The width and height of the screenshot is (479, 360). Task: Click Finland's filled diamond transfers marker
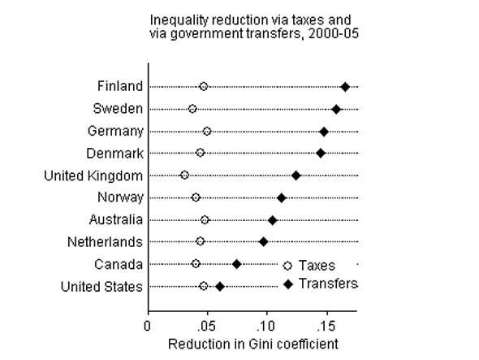345,87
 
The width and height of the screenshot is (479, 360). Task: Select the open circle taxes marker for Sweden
192,109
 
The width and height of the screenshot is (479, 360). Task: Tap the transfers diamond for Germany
324,132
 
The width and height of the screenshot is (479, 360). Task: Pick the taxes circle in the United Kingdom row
184,176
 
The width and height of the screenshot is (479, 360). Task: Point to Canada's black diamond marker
237,264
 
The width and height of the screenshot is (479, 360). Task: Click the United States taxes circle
204,286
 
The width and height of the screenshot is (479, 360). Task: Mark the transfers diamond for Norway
282,198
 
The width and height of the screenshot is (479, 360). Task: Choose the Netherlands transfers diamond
263,242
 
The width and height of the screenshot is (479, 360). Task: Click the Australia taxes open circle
205,220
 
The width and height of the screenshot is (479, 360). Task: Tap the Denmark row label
114,154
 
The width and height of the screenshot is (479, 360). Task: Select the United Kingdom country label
93,176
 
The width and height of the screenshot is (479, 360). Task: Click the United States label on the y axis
101,287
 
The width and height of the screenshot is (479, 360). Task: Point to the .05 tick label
206,327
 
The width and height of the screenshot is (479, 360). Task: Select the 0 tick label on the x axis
147,327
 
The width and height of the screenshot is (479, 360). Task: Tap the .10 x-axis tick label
265,327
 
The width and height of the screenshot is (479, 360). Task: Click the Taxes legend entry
309,266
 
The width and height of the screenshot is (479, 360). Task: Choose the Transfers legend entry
321,284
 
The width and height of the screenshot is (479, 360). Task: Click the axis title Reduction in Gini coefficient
253,344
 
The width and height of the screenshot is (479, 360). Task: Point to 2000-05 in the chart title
334,33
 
